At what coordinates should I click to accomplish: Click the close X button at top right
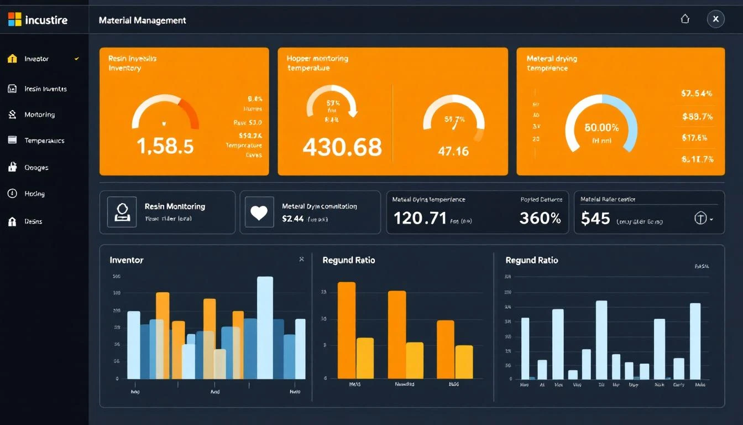coord(715,19)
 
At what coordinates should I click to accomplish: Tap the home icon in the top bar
coord(685,19)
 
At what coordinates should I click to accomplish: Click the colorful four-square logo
coord(14,20)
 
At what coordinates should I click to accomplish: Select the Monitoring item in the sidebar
coord(39,115)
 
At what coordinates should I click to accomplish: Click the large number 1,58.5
coord(165,146)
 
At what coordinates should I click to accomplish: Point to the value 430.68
coord(342,147)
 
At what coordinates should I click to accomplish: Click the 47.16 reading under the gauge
coord(453,151)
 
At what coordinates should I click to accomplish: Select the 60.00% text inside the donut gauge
coord(601,127)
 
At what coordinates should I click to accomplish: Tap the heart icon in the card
coord(259,213)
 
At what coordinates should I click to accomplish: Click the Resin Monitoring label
coord(175,206)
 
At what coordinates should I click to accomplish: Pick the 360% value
coord(540,218)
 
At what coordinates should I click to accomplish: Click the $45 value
coord(595,219)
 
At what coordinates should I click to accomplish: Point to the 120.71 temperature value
coord(420,218)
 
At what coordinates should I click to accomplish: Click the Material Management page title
coord(142,20)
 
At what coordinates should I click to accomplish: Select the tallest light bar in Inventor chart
coord(265,328)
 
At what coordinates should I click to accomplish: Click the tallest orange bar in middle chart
coord(347,330)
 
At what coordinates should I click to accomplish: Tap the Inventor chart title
coord(127,260)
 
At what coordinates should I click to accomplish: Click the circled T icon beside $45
coord(700,219)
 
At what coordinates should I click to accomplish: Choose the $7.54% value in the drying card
coord(697,94)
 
